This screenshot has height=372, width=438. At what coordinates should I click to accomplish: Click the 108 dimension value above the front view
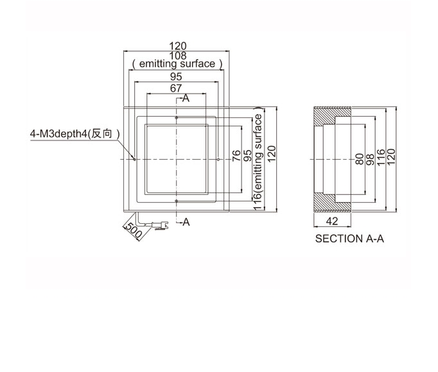(x=178, y=55)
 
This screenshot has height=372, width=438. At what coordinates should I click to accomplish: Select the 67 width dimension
(x=176, y=88)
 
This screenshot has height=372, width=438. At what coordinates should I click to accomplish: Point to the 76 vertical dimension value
(x=236, y=155)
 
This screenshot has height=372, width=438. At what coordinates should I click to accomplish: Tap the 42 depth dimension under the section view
(x=332, y=221)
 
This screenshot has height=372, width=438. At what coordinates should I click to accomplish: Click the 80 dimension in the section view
(x=360, y=159)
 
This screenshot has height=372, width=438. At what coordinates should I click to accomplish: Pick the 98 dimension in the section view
(x=370, y=159)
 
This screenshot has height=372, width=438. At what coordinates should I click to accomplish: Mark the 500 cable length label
(x=134, y=230)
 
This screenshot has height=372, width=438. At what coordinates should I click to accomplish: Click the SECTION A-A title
(x=349, y=239)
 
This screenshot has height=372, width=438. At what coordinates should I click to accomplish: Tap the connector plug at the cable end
(x=160, y=225)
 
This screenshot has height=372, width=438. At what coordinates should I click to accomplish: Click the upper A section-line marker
(x=186, y=98)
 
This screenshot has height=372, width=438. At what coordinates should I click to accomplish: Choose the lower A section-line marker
(x=186, y=222)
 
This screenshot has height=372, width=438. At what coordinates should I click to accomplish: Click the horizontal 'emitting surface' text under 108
(x=177, y=64)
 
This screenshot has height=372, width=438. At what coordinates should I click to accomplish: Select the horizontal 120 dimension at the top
(x=178, y=46)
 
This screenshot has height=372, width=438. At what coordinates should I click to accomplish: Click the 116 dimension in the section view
(x=381, y=158)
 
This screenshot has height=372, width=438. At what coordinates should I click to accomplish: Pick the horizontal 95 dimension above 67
(x=176, y=76)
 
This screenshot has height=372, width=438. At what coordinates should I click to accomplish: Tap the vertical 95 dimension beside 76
(x=247, y=155)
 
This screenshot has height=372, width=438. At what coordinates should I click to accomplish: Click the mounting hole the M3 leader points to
(x=135, y=159)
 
